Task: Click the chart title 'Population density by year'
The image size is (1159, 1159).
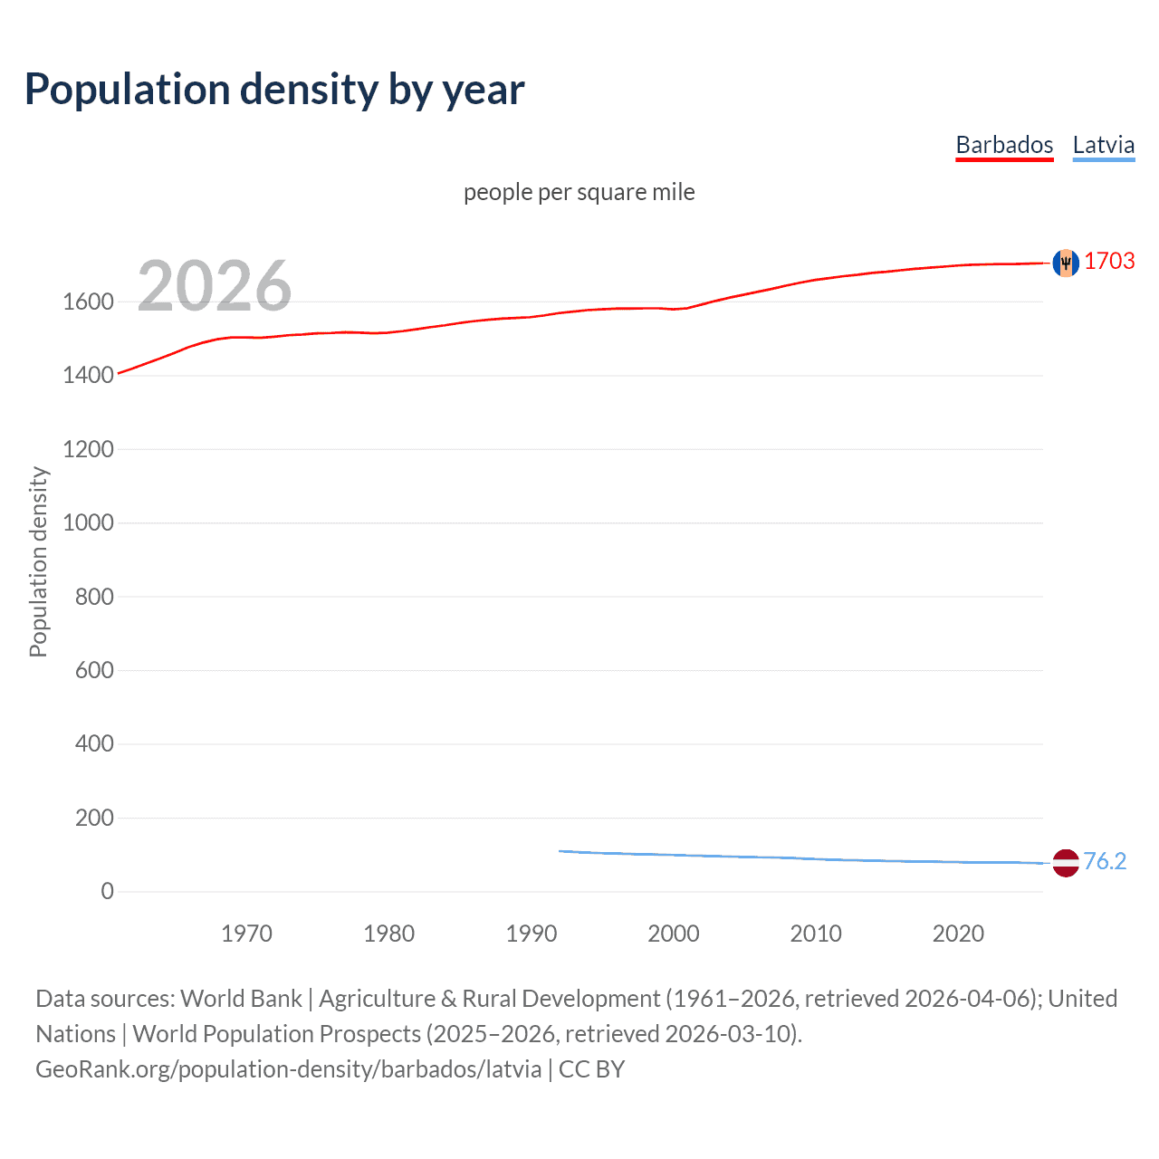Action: [274, 90]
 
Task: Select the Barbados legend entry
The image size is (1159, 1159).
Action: [1004, 145]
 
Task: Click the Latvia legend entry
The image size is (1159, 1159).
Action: [1103, 145]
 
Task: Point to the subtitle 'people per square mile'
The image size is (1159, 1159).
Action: [579, 192]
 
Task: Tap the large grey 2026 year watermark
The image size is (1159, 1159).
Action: [215, 286]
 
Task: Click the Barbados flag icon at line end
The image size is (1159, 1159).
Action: [1066, 263]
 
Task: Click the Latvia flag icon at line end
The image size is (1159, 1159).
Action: [1066, 863]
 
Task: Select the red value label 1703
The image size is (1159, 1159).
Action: [1109, 261]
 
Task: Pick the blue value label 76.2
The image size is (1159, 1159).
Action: [1105, 861]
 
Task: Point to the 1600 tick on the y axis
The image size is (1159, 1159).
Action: [88, 302]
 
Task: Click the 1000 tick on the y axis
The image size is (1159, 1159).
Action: [88, 522]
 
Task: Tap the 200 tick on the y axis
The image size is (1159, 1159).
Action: [94, 818]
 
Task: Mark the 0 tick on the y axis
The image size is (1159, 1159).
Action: [107, 891]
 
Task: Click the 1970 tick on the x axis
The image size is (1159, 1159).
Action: [246, 934]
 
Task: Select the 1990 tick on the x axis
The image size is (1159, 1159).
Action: [532, 934]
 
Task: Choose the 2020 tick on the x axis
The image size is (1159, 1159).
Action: [958, 934]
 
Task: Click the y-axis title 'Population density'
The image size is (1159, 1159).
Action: [38, 561]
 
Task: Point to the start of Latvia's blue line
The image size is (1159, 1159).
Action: [560, 851]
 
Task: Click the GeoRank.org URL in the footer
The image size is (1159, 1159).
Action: [288, 1069]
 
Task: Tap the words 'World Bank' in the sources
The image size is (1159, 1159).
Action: [241, 999]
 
